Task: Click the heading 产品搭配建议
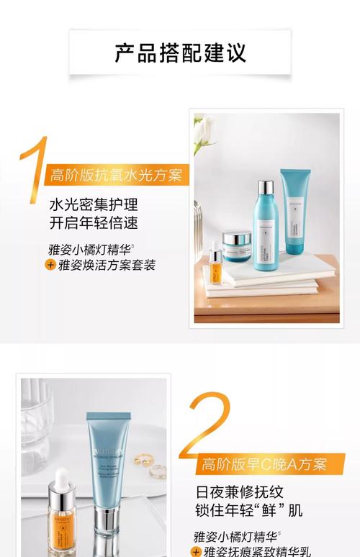(x=180, y=53)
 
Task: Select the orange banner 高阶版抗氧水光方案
(x=115, y=175)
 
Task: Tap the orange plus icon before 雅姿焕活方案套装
(x=50, y=265)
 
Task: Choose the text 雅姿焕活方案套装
(x=107, y=265)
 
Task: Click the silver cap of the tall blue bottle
(x=265, y=189)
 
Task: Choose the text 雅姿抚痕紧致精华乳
(x=260, y=551)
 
